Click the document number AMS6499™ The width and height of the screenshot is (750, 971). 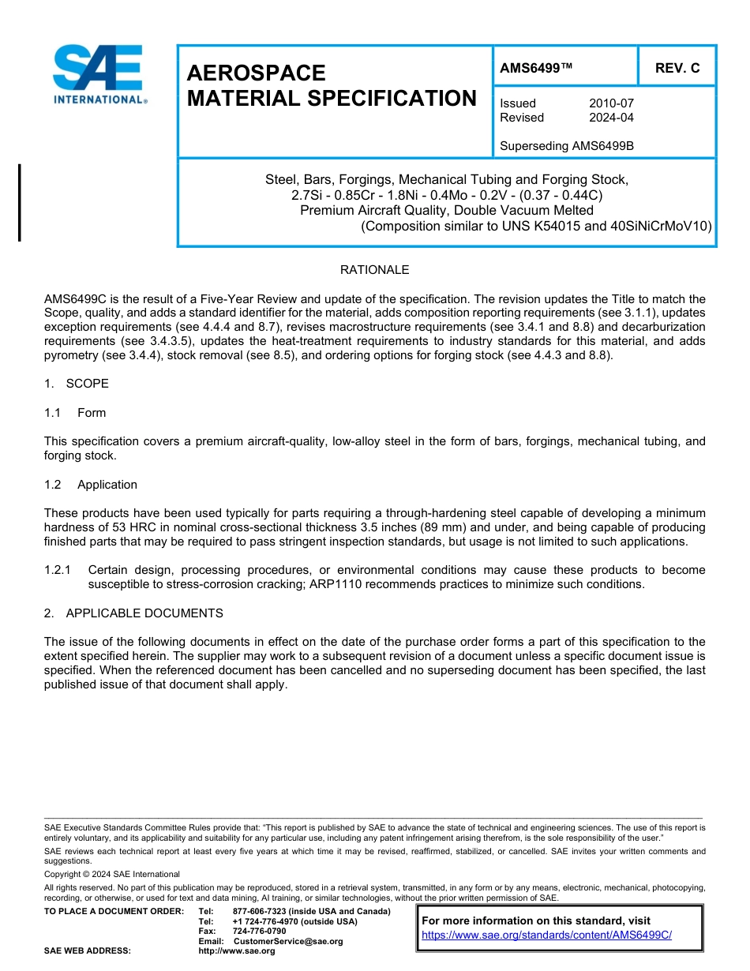(536, 68)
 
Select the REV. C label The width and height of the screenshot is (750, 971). (677, 68)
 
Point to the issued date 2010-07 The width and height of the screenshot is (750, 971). (611, 103)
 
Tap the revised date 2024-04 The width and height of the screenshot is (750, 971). (611, 118)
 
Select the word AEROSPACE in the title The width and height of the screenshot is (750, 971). (256, 73)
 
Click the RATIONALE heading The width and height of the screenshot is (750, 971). (374, 270)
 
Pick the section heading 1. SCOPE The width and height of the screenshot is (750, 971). (77, 384)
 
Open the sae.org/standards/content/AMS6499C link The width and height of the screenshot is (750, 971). (546, 935)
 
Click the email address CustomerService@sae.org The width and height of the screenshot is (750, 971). (288, 941)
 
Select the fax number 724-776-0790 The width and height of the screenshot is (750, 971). (259, 932)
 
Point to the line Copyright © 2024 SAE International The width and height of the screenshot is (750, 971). (112, 874)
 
